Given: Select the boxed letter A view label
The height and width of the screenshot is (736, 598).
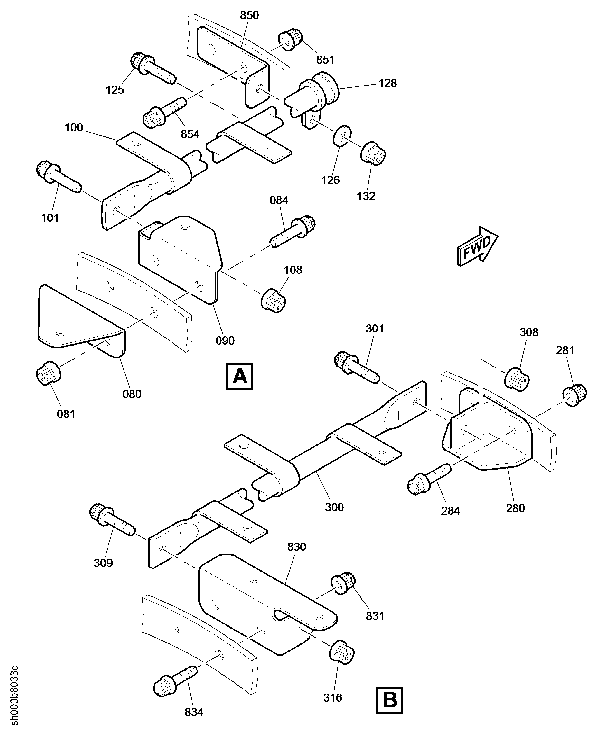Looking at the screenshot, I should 239,376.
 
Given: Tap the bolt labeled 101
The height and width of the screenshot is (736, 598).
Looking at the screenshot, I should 59,177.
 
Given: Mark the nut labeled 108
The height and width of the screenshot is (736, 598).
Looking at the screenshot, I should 274,300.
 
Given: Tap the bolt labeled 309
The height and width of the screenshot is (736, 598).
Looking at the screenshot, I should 112,519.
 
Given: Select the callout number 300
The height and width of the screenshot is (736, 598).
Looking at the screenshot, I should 334,507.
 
